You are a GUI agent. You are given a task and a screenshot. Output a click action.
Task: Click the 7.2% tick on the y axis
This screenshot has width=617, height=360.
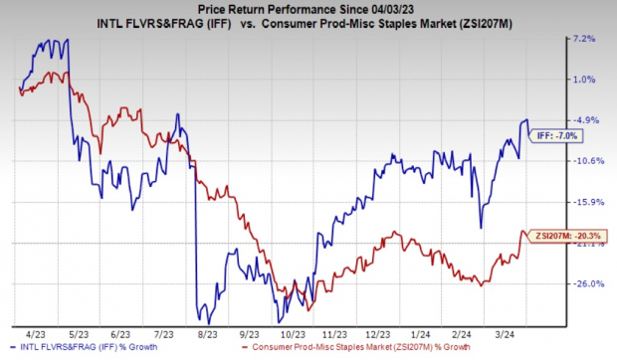click(585, 39)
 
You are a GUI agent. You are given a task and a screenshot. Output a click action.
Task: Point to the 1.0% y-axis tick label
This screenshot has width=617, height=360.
click(585, 80)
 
